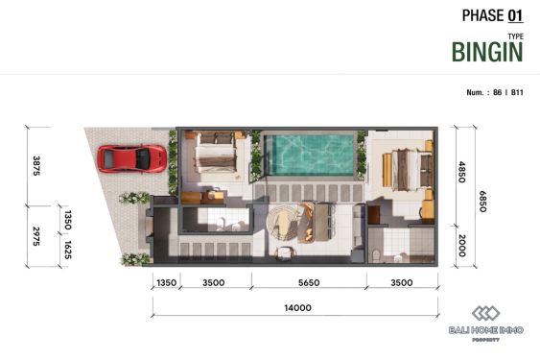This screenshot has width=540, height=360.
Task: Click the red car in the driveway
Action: tap(132, 157)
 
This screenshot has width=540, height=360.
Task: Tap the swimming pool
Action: tap(309, 154)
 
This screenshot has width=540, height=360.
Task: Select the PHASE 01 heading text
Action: tap(492, 14)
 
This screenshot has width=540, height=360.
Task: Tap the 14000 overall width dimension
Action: tap(297, 308)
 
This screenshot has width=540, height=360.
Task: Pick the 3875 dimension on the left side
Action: tap(37, 165)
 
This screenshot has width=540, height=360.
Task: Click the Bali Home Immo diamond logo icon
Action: tap(486, 315)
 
